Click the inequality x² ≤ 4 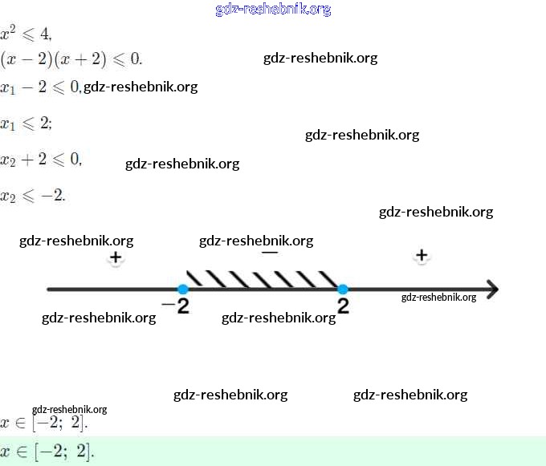click(26, 34)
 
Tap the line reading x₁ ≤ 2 click(26, 123)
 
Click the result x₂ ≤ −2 click(33, 195)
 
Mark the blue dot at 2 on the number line click(343, 289)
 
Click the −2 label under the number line click(175, 306)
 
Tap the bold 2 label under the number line click(343, 306)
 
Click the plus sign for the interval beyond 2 click(422, 256)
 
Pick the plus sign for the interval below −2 click(116, 257)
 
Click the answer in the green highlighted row click(47, 452)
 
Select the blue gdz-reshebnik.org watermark click(273, 10)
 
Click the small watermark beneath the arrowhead click(438, 297)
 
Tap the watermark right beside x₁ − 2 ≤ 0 click(141, 87)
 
